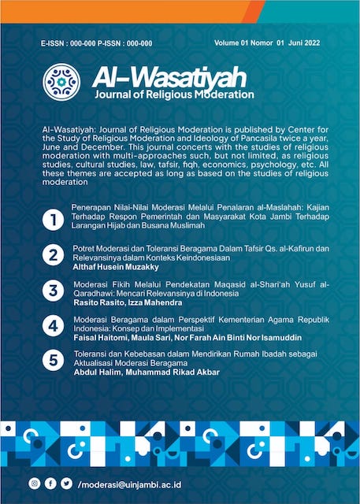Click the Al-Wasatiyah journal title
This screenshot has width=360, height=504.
[x=169, y=77]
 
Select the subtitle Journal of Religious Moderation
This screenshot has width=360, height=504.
[x=173, y=95]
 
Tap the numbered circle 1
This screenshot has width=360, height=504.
[x=53, y=220]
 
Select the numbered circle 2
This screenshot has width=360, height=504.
[x=53, y=255]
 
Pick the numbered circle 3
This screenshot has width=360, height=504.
[x=53, y=291]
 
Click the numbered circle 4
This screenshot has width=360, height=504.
[x=53, y=326]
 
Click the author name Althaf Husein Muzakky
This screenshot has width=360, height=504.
[x=115, y=267]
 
